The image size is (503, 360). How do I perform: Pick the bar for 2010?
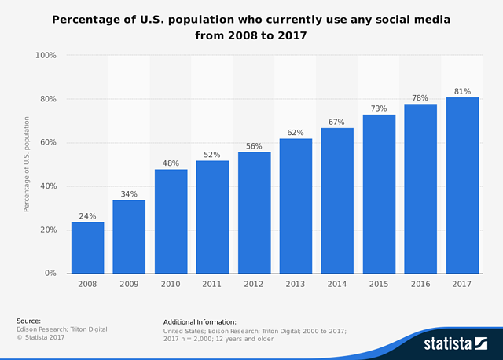[x=171, y=221]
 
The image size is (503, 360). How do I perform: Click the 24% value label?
[x=87, y=215]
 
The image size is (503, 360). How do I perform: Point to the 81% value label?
[x=462, y=90]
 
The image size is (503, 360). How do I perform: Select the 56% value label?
[x=254, y=145]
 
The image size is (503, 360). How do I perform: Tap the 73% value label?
[x=379, y=108]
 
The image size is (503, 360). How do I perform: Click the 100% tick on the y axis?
[x=46, y=56]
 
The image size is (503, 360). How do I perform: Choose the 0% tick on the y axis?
[x=50, y=274]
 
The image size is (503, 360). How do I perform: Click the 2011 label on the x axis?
[x=212, y=285]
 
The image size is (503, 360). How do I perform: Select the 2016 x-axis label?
[x=420, y=285]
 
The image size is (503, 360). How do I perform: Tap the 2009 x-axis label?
[x=129, y=285]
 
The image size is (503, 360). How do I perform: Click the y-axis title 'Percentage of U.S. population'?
[x=27, y=164]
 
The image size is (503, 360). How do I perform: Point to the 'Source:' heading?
[x=29, y=321]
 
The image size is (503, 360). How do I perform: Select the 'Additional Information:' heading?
[x=200, y=322]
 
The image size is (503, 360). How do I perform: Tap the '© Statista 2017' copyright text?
[x=40, y=337]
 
